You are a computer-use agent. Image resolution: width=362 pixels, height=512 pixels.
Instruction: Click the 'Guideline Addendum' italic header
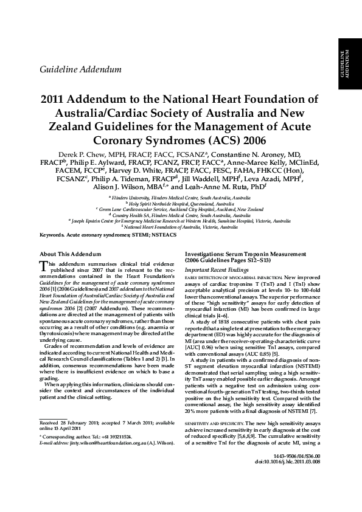(80, 71)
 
